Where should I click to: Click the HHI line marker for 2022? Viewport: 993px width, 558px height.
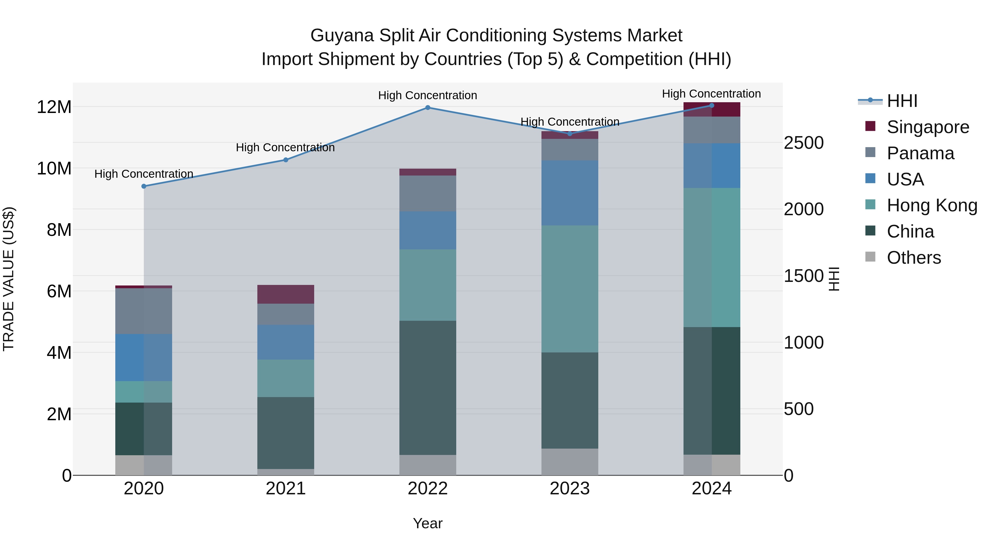click(428, 108)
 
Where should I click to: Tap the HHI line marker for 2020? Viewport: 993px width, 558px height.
click(144, 186)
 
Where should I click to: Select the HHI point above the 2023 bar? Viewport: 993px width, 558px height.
click(570, 134)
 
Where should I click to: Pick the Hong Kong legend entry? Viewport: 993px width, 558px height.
click(932, 205)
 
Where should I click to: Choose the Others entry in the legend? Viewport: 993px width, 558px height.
click(914, 258)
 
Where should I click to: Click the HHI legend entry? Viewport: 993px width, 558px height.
click(902, 101)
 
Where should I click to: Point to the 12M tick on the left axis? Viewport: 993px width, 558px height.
click(54, 107)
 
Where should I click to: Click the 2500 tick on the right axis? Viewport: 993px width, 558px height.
click(804, 143)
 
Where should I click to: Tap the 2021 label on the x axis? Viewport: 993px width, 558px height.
click(286, 489)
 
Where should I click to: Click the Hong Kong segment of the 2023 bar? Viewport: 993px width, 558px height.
click(570, 289)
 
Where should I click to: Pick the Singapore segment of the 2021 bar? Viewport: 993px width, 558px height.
click(286, 294)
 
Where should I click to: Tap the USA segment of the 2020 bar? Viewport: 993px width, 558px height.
click(144, 357)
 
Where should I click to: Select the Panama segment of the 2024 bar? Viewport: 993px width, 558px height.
click(712, 130)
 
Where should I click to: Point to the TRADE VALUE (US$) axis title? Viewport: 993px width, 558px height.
click(9, 279)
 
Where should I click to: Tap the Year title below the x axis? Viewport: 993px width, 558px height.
click(428, 523)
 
